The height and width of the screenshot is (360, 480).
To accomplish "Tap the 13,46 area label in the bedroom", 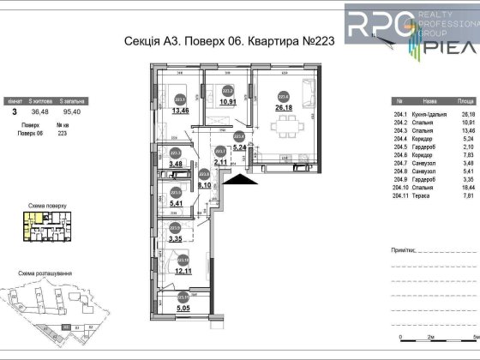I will pos(181,110).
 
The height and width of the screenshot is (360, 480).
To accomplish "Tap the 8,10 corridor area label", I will pos(204,183).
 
